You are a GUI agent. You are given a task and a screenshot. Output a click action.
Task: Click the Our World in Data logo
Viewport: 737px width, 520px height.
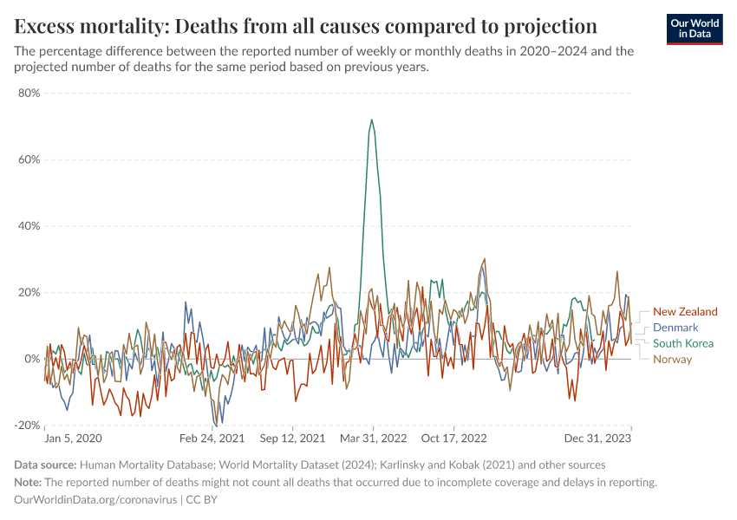pyautogui.click(x=695, y=28)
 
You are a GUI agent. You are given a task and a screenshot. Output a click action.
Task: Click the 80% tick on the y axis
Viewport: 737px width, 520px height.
pyautogui.click(x=29, y=93)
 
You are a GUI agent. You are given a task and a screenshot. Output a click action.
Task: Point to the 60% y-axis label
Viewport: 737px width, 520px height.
pyautogui.click(x=29, y=159)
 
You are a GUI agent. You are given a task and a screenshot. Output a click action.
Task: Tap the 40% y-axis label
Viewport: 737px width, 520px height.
pyautogui.click(x=29, y=226)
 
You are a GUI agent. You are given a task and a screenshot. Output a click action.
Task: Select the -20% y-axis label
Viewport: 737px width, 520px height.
pyautogui.click(x=27, y=426)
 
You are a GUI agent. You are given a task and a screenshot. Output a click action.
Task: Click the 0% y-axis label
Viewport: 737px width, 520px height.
pyautogui.click(x=32, y=359)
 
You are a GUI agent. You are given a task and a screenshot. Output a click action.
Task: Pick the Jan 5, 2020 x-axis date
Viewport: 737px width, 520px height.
pyautogui.click(x=73, y=439)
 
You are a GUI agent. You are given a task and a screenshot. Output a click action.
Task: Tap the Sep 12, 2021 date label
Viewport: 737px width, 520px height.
pyautogui.click(x=292, y=439)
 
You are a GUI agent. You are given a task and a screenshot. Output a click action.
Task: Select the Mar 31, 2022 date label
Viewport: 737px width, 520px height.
pyautogui.click(x=373, y=439)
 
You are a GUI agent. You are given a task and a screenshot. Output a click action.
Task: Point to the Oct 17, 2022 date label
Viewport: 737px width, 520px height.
pyautogui.click(x=456, y=439)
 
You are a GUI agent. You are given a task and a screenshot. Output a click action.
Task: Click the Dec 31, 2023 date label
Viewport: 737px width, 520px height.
pyautogui.click(x=602, y=439)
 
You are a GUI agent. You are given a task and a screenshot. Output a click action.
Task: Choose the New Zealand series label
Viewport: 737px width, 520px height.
pyautogui.click(x=685, y=312)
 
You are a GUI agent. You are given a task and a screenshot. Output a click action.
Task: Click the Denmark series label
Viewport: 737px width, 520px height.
pyautogui.click(x=675, y=328)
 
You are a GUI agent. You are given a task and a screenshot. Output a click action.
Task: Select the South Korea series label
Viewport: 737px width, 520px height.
pyautogui.click(x=683, y=343)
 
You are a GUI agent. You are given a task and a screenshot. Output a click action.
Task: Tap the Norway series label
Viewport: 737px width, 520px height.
pyautogui.click(x=672, y=359)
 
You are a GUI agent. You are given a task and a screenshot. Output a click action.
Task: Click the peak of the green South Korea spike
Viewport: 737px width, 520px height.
pyautogui.click(x=372, y=120)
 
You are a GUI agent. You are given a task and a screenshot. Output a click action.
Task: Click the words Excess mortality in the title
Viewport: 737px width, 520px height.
pyautogui.click(x=84, y=24)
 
